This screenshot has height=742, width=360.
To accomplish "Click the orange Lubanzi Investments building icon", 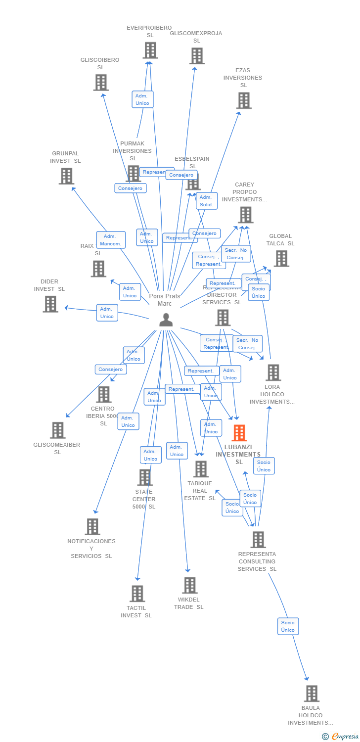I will tap(239, 433).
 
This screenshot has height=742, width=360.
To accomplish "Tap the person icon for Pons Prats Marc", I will tap(166, 320).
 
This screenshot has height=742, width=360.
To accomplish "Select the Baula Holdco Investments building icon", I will tap(312, 694).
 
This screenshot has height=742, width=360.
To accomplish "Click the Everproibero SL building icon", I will tap(150, 50).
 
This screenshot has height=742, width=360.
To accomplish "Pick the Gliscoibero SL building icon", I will tap(101, 82).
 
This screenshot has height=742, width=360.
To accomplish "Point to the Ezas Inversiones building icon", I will tap(244, 100).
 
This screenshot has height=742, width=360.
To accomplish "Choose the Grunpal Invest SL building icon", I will tap(66, 176).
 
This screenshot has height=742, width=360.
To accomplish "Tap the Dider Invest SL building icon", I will tap(50, 304).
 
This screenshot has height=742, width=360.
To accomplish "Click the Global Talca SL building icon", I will tap(281, 258).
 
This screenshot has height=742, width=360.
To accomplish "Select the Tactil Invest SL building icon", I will tap(137, 593).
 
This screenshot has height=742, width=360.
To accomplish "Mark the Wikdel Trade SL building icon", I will tap(190, 585).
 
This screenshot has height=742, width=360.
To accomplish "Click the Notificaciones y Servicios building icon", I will tap(92, 526).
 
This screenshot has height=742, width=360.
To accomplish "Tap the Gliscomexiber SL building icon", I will tap(57, 430).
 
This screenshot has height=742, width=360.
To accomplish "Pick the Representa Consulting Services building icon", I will tap(258, 539).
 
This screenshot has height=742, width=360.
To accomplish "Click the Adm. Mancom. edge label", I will tap(111, 240).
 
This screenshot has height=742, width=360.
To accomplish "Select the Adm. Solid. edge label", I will tap(206, 201).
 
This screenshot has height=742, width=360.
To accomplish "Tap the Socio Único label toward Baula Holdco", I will tap(288, 626).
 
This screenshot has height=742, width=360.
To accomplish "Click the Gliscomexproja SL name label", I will tap(196, 37).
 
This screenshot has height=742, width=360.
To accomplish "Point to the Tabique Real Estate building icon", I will tap(201, 468).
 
